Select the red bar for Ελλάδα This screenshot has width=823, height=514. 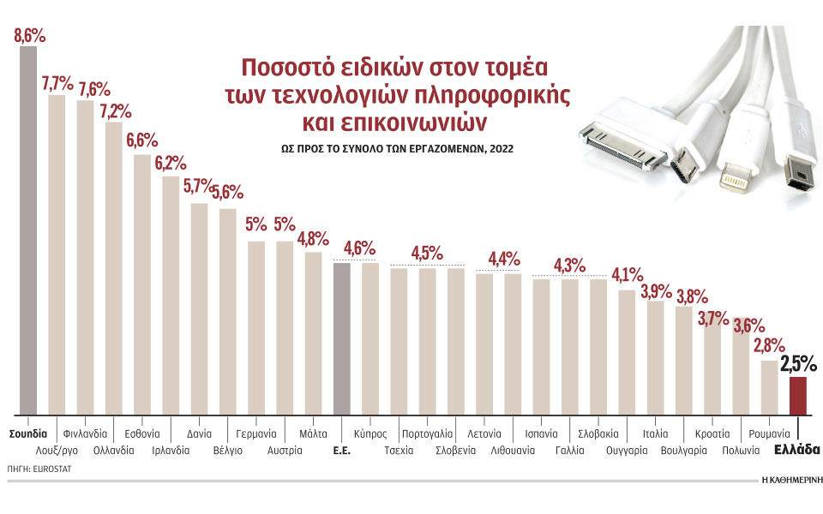(x=797, y=395)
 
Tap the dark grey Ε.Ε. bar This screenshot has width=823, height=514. (x=341, y=338)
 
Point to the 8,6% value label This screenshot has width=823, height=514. (x=29, y=36)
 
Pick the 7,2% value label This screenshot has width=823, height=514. (x=113, y=111)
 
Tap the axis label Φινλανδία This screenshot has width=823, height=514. (x=85, y=433)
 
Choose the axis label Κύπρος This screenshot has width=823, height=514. (x=370, y=433)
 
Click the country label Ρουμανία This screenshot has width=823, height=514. (x=769, y=433)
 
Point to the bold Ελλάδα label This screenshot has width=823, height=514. (x=797, y=449)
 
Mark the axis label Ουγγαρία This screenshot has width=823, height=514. (x=627, y=449)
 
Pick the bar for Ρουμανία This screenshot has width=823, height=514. (x=769, y=386)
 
